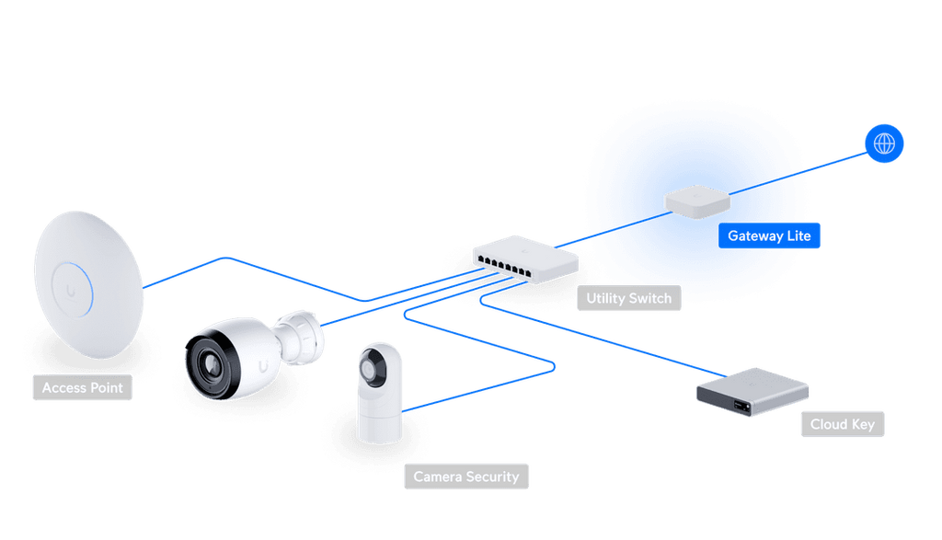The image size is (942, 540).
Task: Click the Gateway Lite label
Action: point(769,236)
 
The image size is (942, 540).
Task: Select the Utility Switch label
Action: point(629,298)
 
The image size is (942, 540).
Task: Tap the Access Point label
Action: point(82,388)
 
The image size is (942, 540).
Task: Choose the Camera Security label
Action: point(466,477)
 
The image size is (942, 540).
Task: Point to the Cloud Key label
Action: point(842,424)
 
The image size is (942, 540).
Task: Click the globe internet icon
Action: point(884,144)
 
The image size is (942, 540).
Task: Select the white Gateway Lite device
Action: point(697,201)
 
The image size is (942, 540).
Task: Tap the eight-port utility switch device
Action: point(524,257)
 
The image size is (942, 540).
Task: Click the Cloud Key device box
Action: point(752,391)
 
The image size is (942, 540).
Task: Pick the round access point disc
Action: point(87,276)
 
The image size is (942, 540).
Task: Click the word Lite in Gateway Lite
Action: point(798,236)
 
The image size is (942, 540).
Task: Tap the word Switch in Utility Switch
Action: point(652,298)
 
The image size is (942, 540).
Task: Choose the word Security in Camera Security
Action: point(492,477)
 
